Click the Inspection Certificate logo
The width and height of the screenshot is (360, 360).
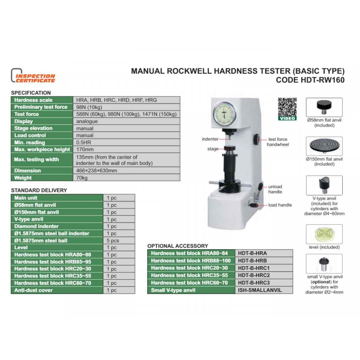point(33,76)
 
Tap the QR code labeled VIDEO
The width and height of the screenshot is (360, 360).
point(287,109)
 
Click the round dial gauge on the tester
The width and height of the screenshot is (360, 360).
point(225,114)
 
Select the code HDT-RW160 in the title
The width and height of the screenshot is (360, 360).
point(310,80)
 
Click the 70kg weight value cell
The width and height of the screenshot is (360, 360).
point(126,178)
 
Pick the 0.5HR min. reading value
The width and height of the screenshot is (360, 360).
point(126,142)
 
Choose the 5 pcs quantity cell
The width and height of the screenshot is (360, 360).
point(119,240)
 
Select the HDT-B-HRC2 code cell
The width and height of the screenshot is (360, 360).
point(264,275)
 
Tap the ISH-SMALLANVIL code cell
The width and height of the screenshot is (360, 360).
point(264,290)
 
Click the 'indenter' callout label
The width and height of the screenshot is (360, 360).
point(210,139)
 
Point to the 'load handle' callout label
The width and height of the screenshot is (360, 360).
point(280,205)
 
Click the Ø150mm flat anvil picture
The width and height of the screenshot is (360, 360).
point(324,146)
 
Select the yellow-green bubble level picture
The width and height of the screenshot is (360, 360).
point(324,234)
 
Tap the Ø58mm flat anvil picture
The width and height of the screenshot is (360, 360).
point(324,107)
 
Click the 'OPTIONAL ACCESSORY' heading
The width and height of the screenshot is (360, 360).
point(178,246)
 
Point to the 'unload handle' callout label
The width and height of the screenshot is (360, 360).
point(275,189)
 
